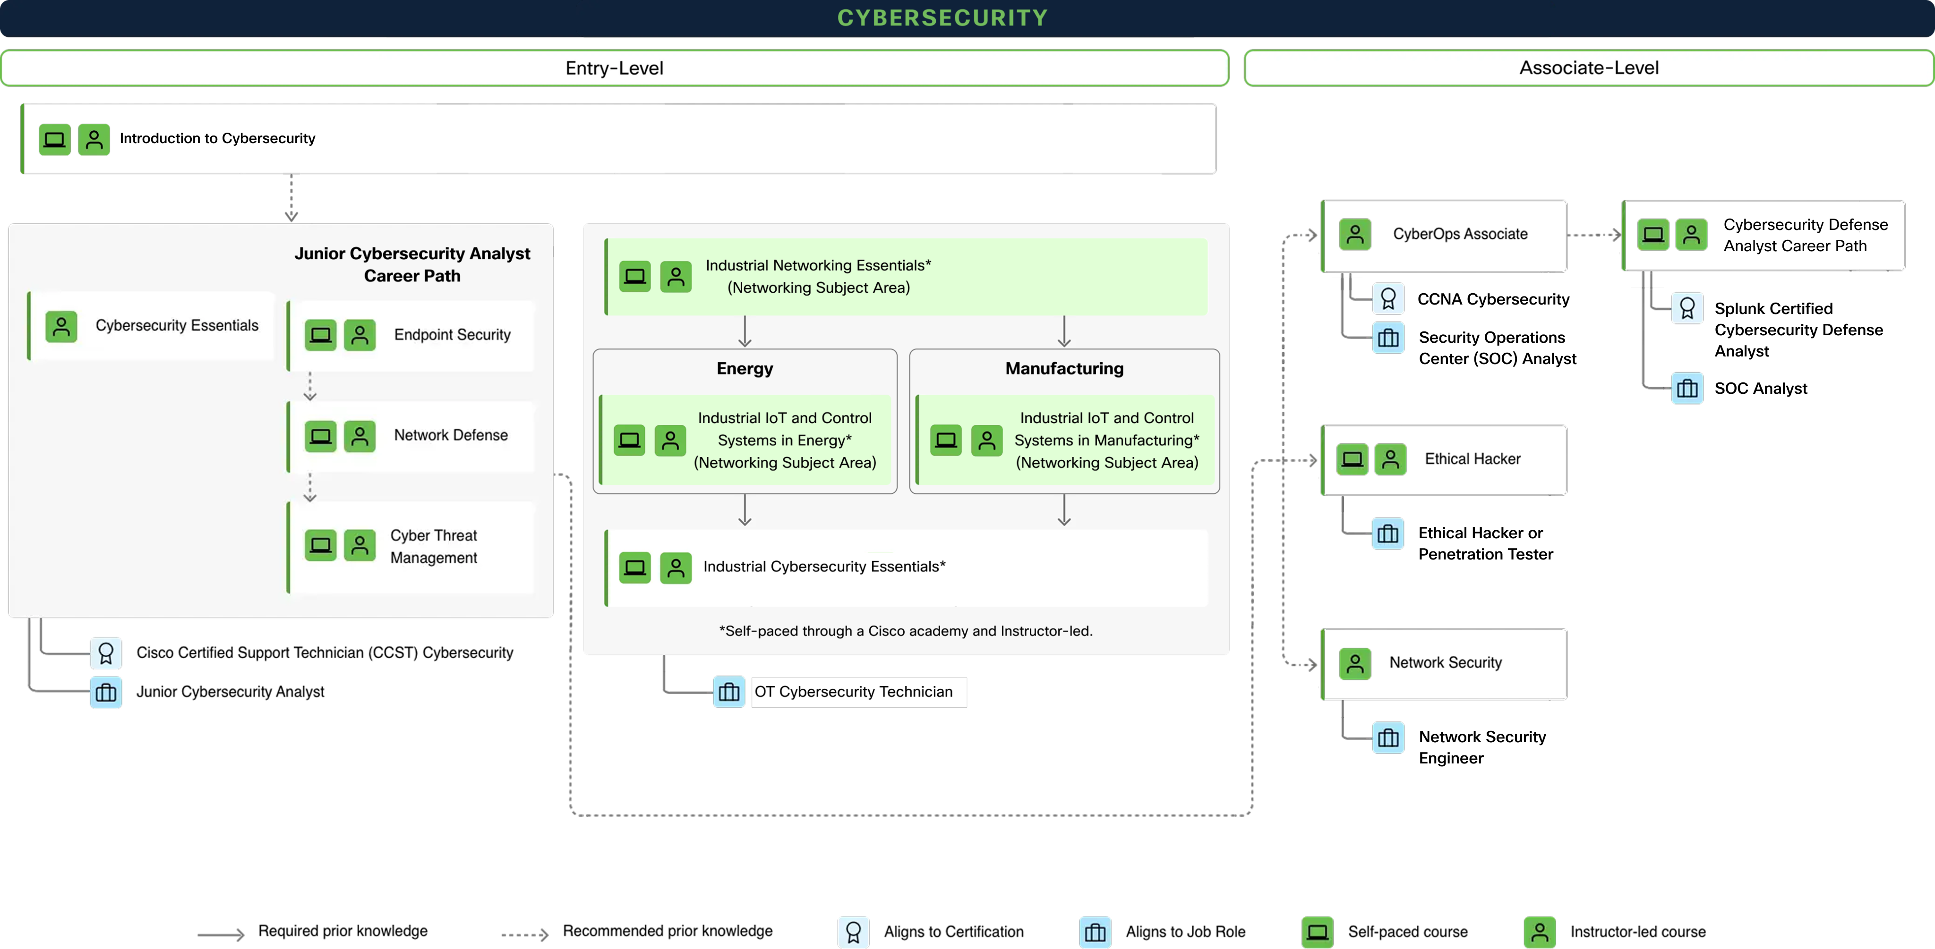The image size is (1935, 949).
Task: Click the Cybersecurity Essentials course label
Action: click(177, 325)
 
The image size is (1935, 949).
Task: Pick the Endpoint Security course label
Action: click(452, 335)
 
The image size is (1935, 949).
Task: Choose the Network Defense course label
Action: click(451, 435)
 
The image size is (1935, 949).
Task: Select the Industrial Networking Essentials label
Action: click(818, 276)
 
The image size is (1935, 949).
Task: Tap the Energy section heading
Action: click(745, 369)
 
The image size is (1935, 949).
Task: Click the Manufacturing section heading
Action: click(1064, 369)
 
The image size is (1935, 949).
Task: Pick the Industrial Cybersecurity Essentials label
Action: click(824, 567)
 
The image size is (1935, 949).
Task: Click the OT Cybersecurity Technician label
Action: click(853, 692)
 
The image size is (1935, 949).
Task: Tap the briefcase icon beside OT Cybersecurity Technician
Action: click(728, 692)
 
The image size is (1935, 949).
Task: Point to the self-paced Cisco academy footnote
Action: click(905, 631)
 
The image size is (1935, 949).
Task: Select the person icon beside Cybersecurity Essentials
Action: click(61, 327)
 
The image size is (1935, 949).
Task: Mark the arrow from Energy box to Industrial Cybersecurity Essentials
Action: click(745, 510)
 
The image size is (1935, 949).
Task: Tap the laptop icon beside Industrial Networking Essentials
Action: click(635, 276)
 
